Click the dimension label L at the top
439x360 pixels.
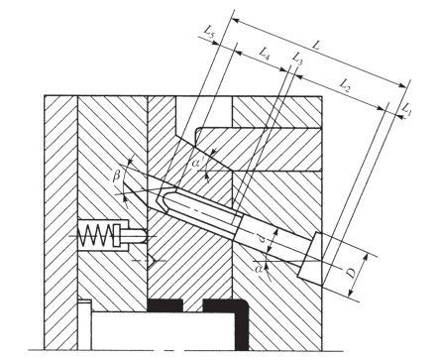[316, 46]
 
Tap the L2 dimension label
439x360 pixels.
[345, 84]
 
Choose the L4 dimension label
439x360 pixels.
[265, 54]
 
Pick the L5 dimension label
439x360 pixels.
[209, 32]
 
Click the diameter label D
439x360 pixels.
[352, 273]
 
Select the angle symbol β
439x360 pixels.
[116, 177]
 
